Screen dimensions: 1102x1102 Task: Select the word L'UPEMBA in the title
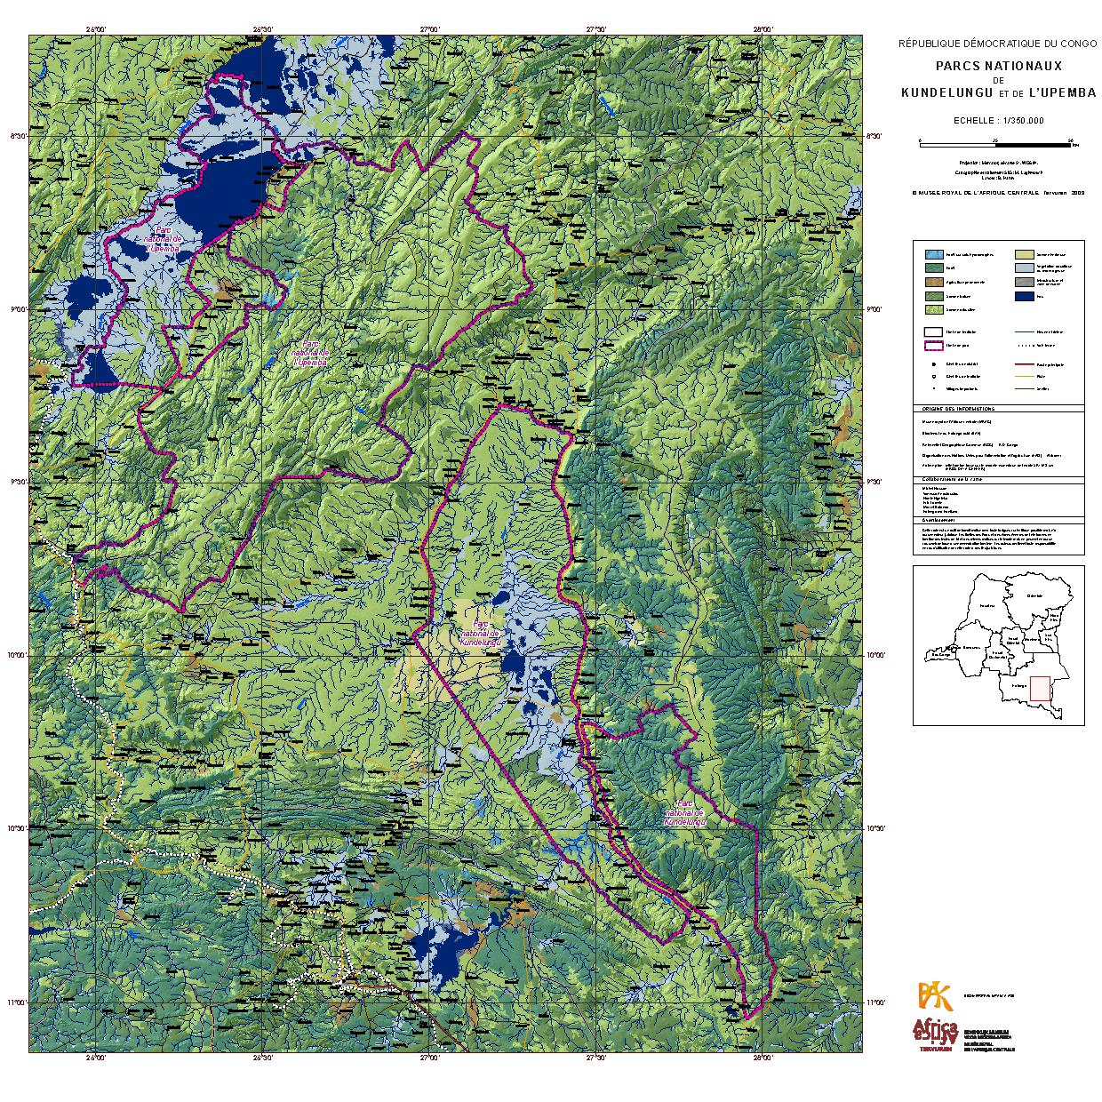coord(1062,92)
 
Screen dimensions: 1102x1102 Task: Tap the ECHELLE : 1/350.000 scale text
coord(998,120)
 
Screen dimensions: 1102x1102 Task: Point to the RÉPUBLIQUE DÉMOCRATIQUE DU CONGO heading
coord(998,44)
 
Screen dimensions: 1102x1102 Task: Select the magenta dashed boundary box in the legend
coord(932,346)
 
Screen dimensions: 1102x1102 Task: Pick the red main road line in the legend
coord(1025,364)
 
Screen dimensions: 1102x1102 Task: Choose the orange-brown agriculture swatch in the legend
coord(932,282)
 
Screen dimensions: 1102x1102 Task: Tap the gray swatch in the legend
coord(1025,282)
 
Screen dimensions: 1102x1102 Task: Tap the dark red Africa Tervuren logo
coord(933,1033)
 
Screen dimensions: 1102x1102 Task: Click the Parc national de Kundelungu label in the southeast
coord(685,812)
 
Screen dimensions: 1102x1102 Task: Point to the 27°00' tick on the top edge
coord(429,29)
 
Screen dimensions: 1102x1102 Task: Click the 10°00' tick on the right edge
coord(875,656)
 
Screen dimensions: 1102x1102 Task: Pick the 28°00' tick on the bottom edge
coord(762,1059)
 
